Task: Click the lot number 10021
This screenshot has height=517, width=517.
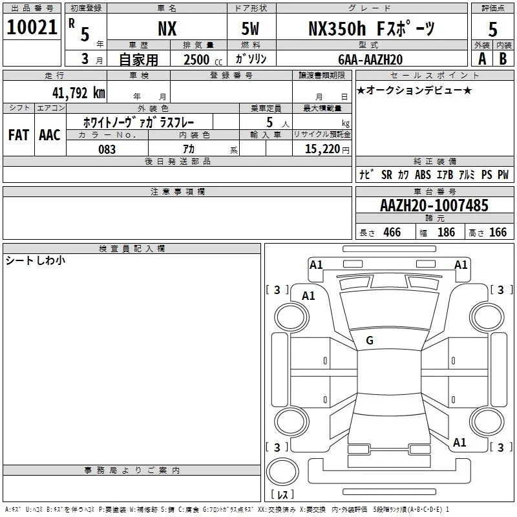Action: tap(32, 27)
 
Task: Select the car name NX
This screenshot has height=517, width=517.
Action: tap(167, 28)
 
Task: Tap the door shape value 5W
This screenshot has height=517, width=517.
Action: tap(250, 28)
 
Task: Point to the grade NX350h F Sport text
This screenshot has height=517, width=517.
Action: tap(372, 28)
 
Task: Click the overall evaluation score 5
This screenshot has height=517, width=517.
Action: tap(492, 29)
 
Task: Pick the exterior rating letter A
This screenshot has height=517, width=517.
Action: tap(482, 59)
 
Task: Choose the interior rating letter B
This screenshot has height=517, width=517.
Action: tap(503, 59)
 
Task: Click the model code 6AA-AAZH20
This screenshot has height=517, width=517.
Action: tap(370, 59)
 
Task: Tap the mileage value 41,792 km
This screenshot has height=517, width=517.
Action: tap(79, 92)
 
